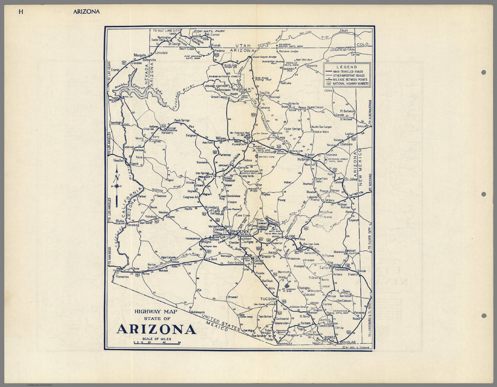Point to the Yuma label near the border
pyautogui.click(x=116, y=270)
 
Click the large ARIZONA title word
pyautogui.click(x=156, y=329)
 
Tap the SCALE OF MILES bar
pyautogui.click(x=157, y=343)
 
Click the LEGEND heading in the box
pyautogui.click(x=347, y=67)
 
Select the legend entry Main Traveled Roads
pyautogui.click(x=348, y=72)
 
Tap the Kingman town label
pyautogui.click(x=155, y=141)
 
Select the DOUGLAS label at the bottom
pyautogui.click(x=348, y=342)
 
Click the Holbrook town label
pyautogui.click(x=304, y=159)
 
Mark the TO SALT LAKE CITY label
pyautogui.click(x=166, y=31)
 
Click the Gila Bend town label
pyautogui.click(x=211, y=259)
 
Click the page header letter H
pyautogui.click(x=21, y=12)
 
